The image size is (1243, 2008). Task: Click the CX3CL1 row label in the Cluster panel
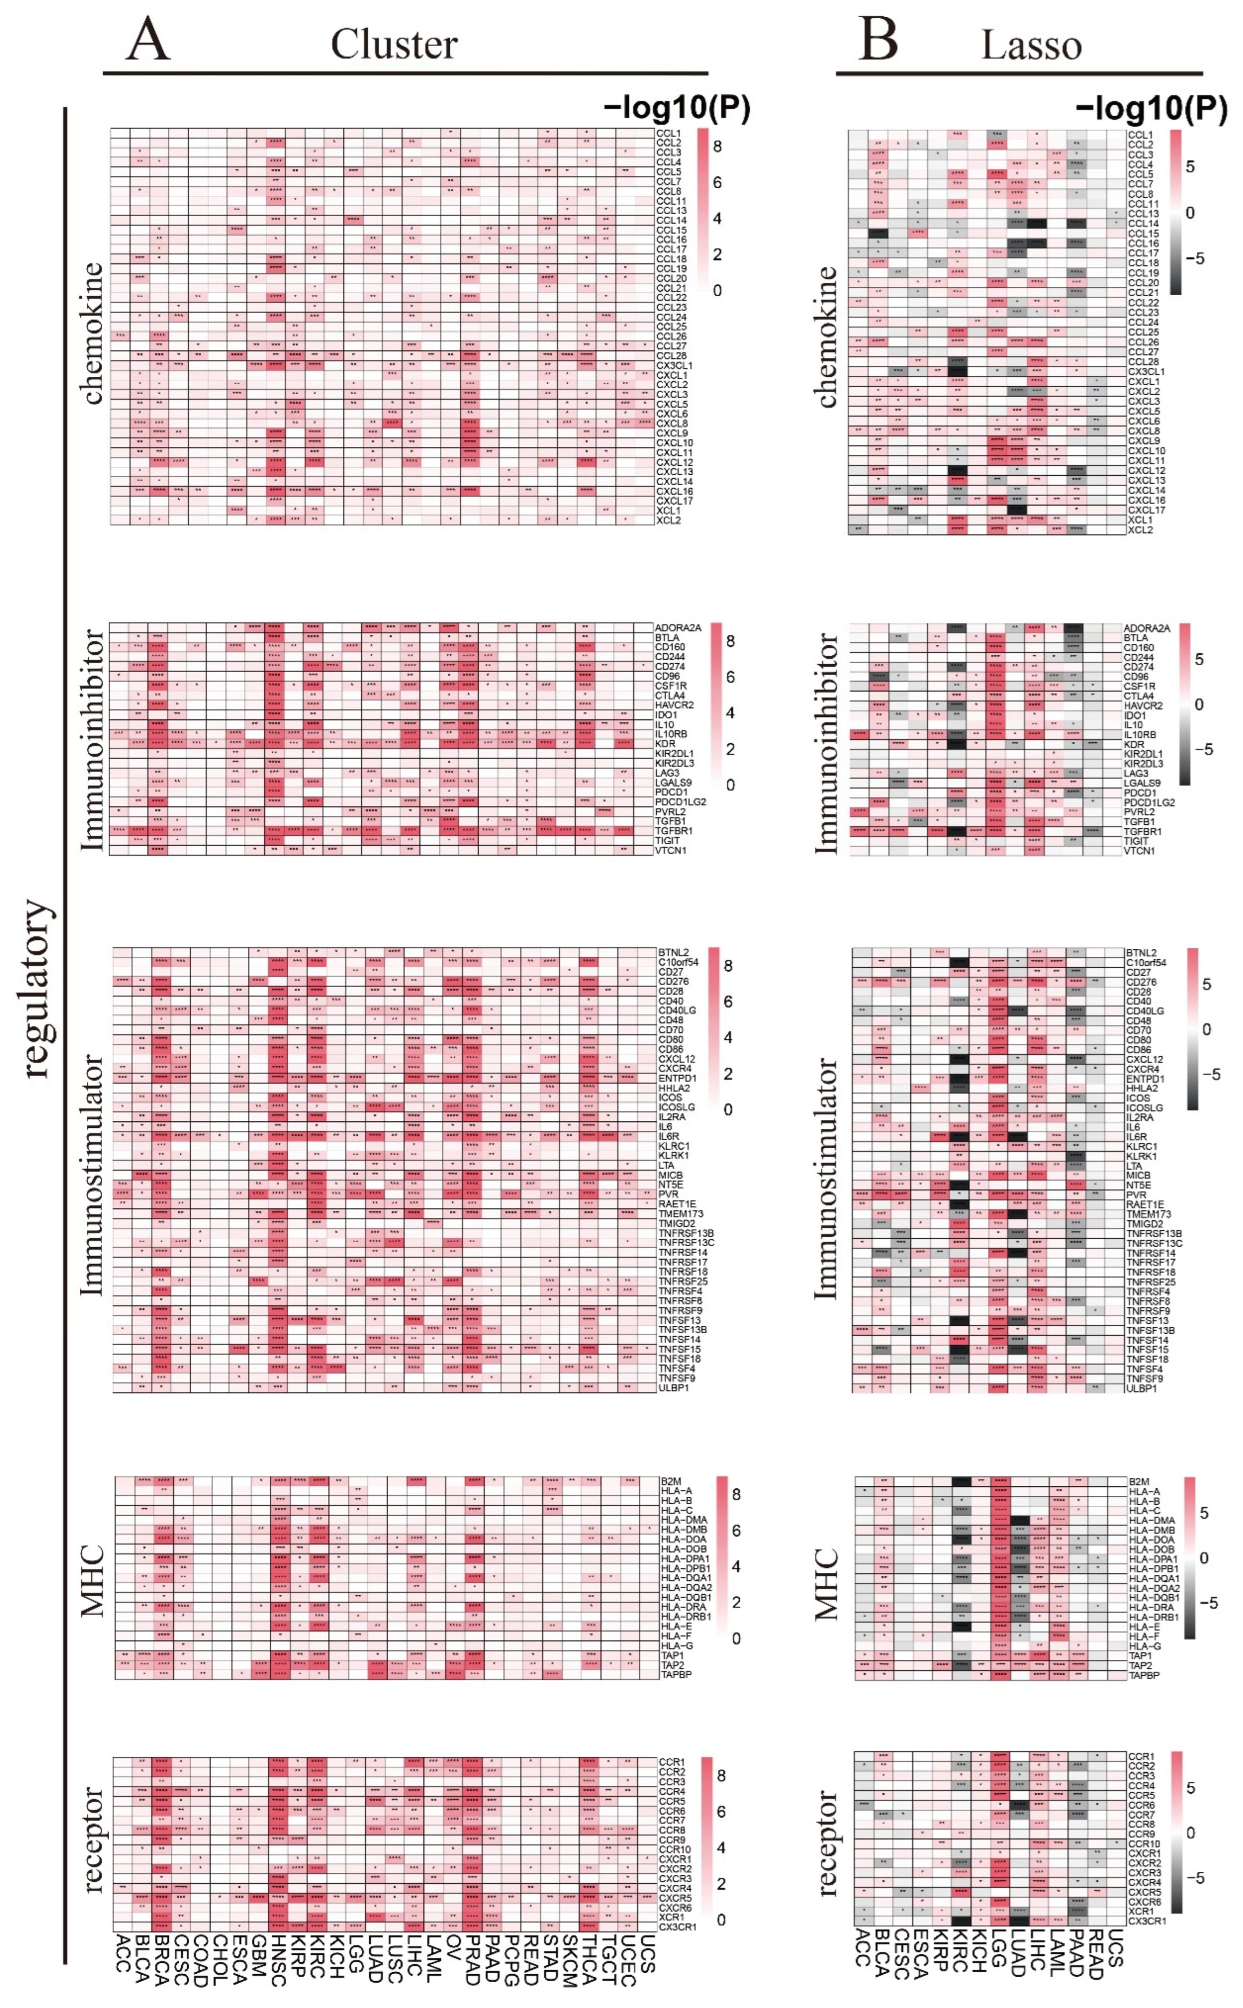(674, 365)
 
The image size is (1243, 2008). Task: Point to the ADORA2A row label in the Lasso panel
(1146, 628)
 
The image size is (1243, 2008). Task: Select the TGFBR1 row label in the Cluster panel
(673, 830)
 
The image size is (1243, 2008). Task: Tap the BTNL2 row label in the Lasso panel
(1141, 952)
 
